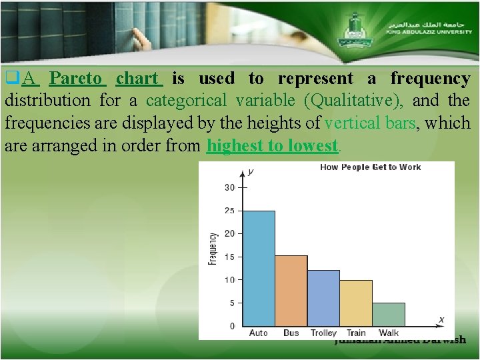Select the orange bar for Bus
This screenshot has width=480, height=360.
[x=291, y=290]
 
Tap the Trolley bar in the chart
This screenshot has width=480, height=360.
[x=323, y=297]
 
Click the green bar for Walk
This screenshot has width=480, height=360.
[x=389, y=314]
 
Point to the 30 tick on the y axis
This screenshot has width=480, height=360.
[x=229, y=187]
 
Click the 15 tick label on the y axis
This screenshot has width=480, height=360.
[x=229, y=257]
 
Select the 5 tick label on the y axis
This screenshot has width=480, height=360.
[x=231, y=303]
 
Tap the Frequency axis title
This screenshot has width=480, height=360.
[x=213, y=249]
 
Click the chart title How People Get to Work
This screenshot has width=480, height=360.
[x=370, y=167]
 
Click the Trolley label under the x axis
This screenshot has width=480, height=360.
[x=323, y=333]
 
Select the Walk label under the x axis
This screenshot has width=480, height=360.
[x=389, y=333]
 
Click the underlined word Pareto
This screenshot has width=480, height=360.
[x=77, y=79]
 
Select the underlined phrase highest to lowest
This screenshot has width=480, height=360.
[x=273, y=146]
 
